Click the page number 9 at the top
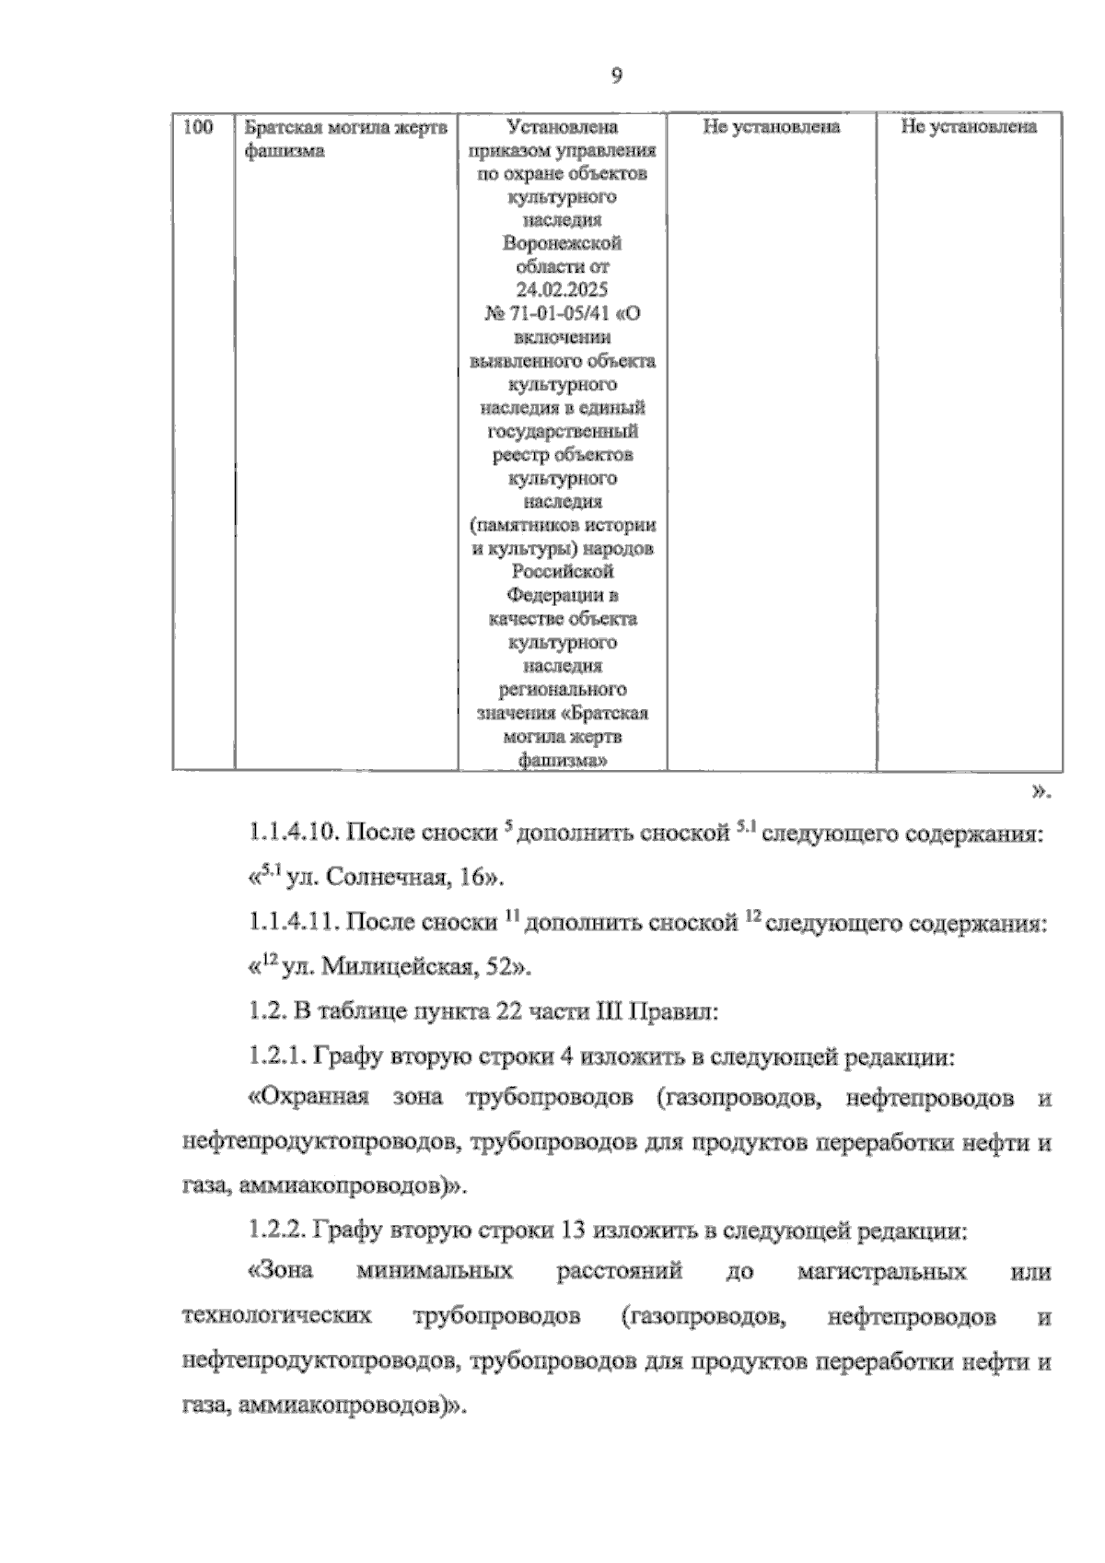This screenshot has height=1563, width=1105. click(616, 76)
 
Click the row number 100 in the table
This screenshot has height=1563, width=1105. click(200, 127)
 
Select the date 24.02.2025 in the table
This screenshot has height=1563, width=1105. click(562, 290)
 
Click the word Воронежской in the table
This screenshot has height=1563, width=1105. click(562, 243)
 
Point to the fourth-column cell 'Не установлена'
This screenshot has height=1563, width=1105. click(771, 127)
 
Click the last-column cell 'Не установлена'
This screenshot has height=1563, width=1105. click(969, 127)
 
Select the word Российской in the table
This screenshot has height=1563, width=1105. click(562, 572)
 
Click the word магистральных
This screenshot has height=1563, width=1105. click(882, 1273)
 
